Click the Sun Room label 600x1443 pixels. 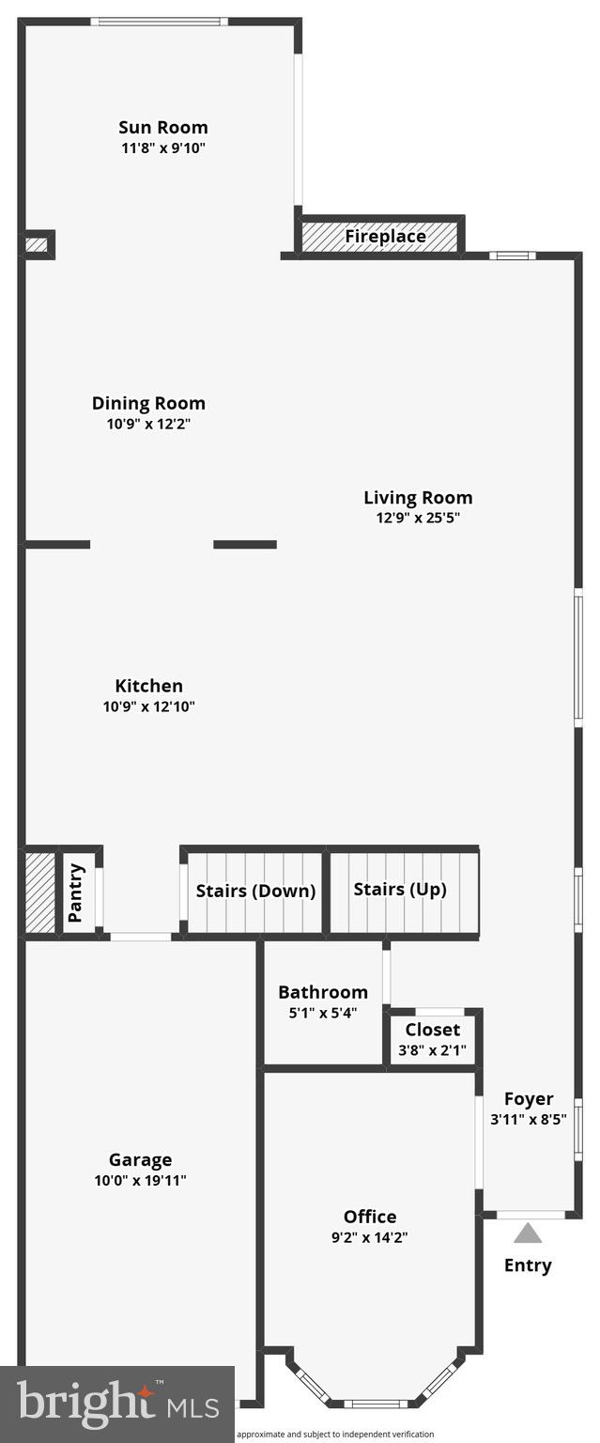pos(162,127)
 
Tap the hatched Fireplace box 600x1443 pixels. pos(380,236)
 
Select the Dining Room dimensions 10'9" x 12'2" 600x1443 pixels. pos(148,424)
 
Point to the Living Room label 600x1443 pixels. pos(418,497)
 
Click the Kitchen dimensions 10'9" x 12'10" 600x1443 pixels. pos(148,706)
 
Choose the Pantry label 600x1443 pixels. pos(76,892)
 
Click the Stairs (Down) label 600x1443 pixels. pos(255,891)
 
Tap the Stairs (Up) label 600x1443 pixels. pos(400,889)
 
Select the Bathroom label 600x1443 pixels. pos(323,992)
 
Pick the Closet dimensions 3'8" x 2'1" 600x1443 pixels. pos(434,1050)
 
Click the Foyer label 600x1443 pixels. pos(529,1098)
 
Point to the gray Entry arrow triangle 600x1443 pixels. pos(528,1233)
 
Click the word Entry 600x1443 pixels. pos(528,1265)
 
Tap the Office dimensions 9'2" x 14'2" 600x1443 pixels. pos(369,1237)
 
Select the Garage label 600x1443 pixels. pos(140,1159)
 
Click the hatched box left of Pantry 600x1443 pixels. pos(40,892)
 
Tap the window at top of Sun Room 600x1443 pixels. pos(159,22)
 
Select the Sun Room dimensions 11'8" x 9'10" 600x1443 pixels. pos(162,147)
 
